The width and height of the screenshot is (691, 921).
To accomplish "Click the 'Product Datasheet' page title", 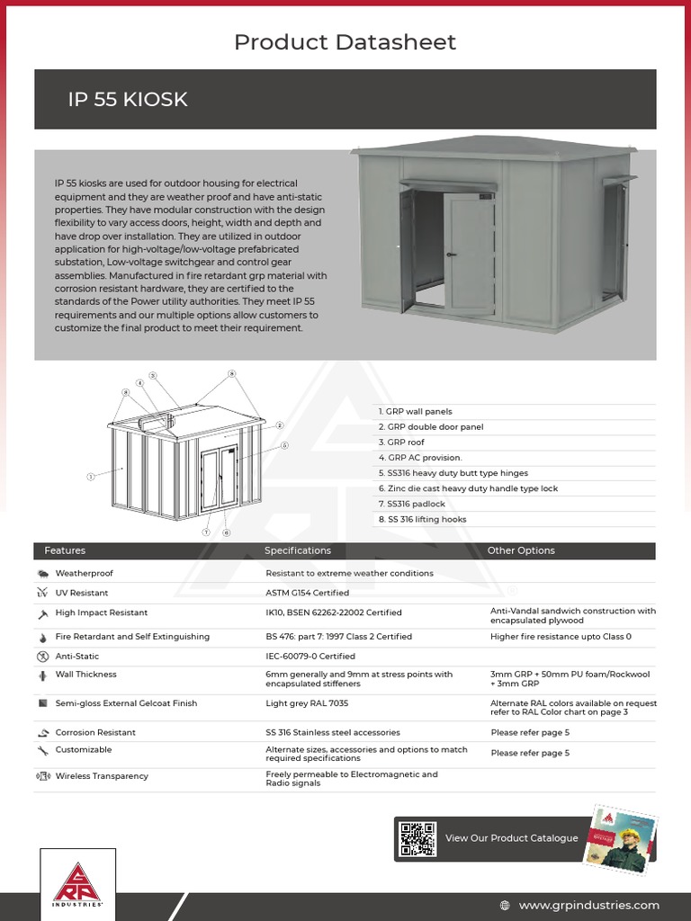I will (x=345, y=42).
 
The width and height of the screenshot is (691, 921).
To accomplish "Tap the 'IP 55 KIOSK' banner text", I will (x=128, y=100).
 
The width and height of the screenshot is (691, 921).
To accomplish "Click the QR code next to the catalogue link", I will (x=417, y=838).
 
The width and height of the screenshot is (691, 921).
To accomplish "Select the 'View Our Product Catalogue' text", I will (x=511, y=838).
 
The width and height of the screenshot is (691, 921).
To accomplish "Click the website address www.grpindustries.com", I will (x=588, y=905).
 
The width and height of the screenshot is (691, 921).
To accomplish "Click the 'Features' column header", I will (x=65, y=550).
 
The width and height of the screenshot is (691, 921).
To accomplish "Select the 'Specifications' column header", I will (x=297, y=550).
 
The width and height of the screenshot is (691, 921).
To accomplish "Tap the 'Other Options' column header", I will (x=521, y=550).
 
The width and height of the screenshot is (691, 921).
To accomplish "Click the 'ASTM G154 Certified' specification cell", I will (x=307, y=593).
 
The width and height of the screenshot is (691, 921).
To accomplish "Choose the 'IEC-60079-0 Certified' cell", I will (x=310, y=657).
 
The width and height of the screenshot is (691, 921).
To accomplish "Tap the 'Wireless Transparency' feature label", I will (x=102, y=775).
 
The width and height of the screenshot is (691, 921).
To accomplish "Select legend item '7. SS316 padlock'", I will (x=411, y=504).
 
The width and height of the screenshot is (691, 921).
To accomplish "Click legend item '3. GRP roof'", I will (x=401, y=443).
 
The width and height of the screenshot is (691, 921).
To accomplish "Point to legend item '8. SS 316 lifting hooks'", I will (x=422, y=519).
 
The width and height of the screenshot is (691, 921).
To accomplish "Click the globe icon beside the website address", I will (x=505, y=905).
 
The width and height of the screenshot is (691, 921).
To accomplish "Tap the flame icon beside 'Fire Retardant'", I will (x=41, y=637).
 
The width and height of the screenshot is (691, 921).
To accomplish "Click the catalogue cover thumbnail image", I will (x=621, y=837).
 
